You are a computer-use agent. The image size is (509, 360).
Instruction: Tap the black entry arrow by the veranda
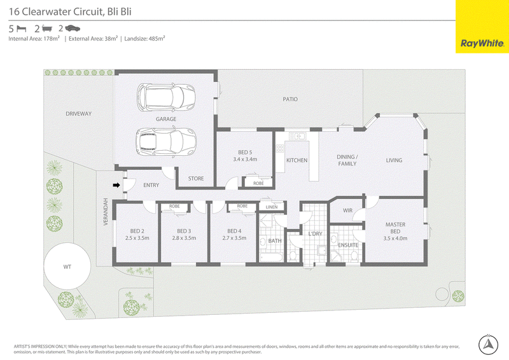tap(116, 185)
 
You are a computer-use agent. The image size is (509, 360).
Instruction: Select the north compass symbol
tap(488, 345)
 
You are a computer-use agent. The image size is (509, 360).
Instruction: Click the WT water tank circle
tap(67, 267)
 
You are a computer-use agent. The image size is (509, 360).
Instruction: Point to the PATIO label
tap(290, 99)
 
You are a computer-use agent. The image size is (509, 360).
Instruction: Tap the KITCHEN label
tap(296, 160)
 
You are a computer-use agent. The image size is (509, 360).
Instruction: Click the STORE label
tap(196, 179)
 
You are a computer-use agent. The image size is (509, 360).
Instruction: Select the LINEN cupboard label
tap(272, 207)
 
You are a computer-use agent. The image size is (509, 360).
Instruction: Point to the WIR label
tap(347, 211)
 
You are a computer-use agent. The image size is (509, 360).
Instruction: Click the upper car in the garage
tap(166, 97)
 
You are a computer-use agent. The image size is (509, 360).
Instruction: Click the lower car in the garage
tap(166, 142)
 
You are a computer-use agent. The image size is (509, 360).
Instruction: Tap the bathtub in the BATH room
tap(272, 257)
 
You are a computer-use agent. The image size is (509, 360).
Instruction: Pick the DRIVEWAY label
tap(78, 114)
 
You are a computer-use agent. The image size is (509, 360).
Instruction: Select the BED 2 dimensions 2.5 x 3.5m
tap(137, 238)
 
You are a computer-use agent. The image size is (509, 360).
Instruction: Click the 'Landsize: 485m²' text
tap(145, 39)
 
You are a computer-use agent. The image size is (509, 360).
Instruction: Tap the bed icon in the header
tap(21, 29)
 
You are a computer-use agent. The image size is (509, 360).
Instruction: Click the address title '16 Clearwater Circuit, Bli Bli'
tap(70, 11)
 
